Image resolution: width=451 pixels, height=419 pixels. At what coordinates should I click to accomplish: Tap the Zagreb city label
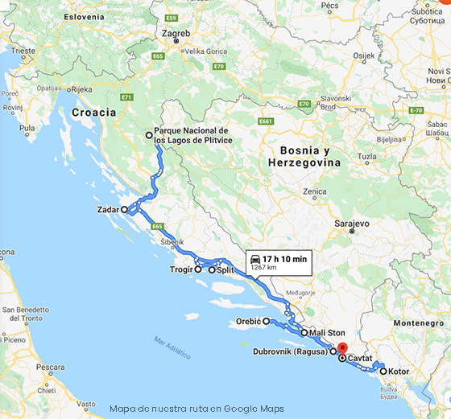pyautogui.click(x=176, y=34)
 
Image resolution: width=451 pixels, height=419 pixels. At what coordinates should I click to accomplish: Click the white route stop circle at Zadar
pyautogui.click(x=125, y=209)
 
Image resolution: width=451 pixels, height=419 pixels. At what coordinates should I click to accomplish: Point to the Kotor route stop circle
pyautogui.click(x=383, y=372)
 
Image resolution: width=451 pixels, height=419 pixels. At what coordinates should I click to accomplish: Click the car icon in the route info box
pyautogui.click(x=255, y=259)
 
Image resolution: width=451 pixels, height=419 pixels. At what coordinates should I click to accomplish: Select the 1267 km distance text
pyautogui.click(x=263, y=267)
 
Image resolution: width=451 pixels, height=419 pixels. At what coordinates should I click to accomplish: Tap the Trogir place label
pyautogui.click(x=182, y=270)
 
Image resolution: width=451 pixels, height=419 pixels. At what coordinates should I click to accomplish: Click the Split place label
pyautogui.click(x=226, y=270)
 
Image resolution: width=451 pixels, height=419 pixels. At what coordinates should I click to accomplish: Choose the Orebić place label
pyautogui.click(x=246, y=321)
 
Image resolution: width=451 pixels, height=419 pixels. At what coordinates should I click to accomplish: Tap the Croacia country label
pyautogui.click(x=93, y=113)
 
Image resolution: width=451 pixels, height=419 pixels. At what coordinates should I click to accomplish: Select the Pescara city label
pyautogui.click(x=50, y=367)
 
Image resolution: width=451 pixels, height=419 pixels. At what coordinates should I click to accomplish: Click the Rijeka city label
pyautogui.click(x=82, y=89)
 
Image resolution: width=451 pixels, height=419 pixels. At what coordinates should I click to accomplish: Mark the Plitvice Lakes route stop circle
pyautogui.click(x=148, y=135)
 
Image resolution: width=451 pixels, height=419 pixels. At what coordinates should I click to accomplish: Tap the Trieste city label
pyautogui.click(x=23, y=51)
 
